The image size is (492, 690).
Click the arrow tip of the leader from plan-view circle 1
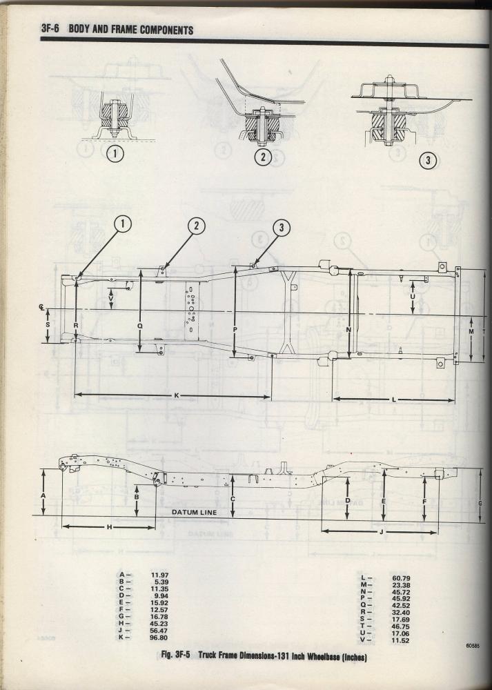(x=76, y=279)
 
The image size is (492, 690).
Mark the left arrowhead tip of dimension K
(x=75, y=395)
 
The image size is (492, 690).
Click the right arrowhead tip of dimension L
(x=454, y=400)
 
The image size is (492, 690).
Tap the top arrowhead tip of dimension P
(x=235, y=267)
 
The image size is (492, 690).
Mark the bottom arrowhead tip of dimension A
(x=43, y=515)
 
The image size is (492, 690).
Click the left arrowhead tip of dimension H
(x=62, y=526)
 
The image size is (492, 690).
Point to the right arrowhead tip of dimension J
(x=437, y=533)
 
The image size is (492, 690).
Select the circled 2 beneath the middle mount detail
(x=263, y=157)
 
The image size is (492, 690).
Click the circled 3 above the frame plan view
(x=282, y=227)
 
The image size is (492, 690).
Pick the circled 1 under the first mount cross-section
(x=115, y=154)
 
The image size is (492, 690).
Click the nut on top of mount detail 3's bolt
(x=389, y=79)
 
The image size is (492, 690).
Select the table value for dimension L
(x=401, y=578)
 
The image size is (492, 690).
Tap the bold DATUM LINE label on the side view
(x=194, y=512)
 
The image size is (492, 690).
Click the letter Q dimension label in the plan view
(x=140, y=326)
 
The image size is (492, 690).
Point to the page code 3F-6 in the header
(x=50, y=30)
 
